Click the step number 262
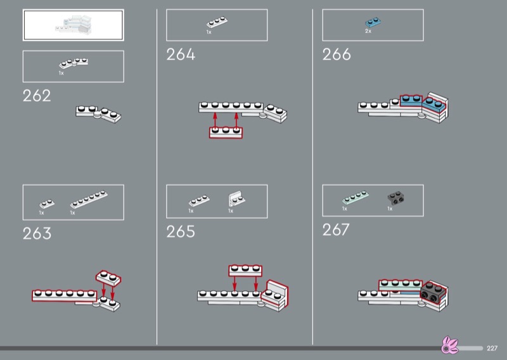pos(37,96)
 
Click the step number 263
pos(37,233)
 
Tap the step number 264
pos(181,55)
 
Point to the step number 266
pos(337,55)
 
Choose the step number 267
pos(336,229)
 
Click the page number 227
pos(492,348)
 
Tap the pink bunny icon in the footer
pos(449,347)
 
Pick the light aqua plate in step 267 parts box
pos(354,197)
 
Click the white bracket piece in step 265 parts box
pos(236,198)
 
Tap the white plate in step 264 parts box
pos(216,22)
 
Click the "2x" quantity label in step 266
pos(368,31)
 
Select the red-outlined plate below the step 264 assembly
pos(226,132)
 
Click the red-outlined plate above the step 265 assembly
pos(245,271)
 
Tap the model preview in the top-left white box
pos(73,25)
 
